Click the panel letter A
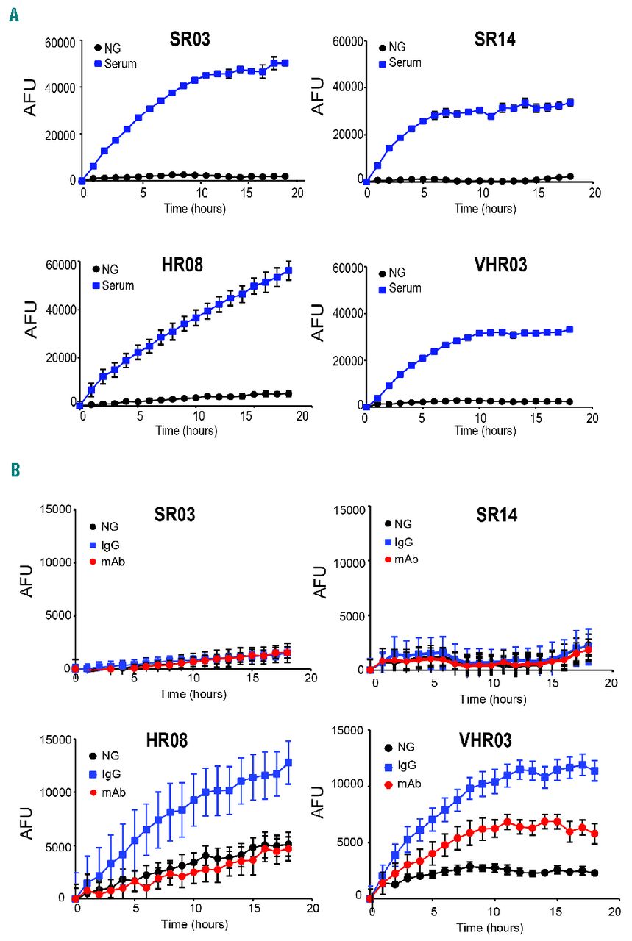tap(14, 13)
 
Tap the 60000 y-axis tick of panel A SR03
tap(60, 43)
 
